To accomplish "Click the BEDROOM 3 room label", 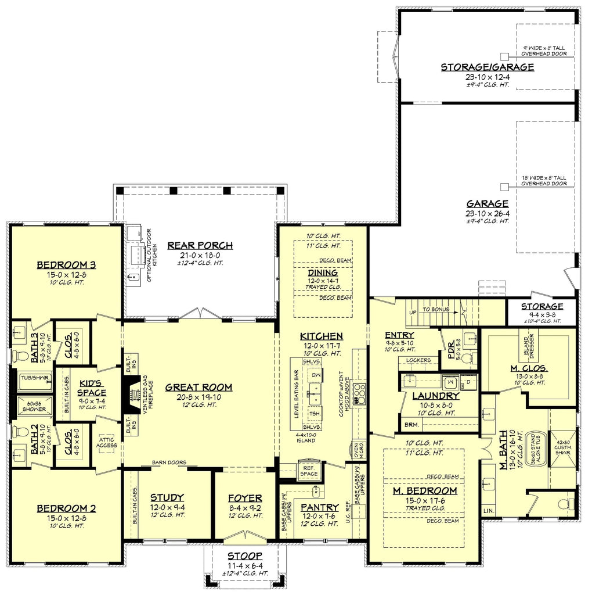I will pyautogui.click(x=66, y=265).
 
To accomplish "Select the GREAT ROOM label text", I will pyautogui.click(x=198, y=387).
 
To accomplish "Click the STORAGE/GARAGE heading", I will pyautogui.click(x=487, y=67).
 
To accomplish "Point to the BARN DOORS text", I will pyautogui.click(x=169, y=463).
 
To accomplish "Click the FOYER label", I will pyautogui.click(x=244, y=498).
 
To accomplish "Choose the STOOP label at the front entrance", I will pyautogui.click(x=245, y=555).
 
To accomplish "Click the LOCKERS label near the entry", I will pyautogui.click(x=418, y=360).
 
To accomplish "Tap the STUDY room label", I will pyautogui.click(x=167, y=497).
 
